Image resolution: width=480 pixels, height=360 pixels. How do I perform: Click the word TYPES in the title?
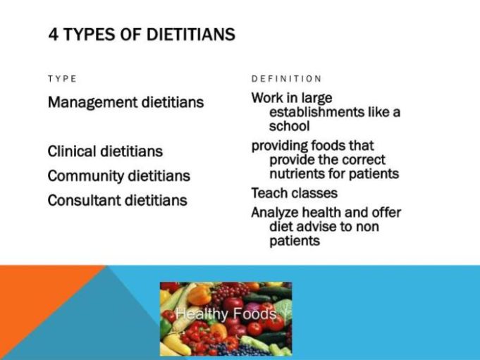pyautogui.click(x=88, y=35)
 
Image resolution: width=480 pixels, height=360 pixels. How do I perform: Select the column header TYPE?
pyautogui.click(x=62, y=79)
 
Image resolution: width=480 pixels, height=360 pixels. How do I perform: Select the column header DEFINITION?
pyautogui.click(x=286, y=79)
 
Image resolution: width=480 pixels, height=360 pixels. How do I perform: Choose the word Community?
pyautogui.click(x=87, y=176)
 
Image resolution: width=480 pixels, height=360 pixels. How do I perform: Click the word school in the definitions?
pyautogui.click(x=289, y=127)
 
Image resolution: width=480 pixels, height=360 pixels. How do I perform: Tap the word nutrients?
pyautogui.click(x=299, y=174)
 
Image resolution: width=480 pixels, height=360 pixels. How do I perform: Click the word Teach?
pyautogui.click(x=269, y=193)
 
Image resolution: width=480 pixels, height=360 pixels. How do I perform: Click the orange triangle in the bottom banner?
pyautogui.click(x=35, y=296)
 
